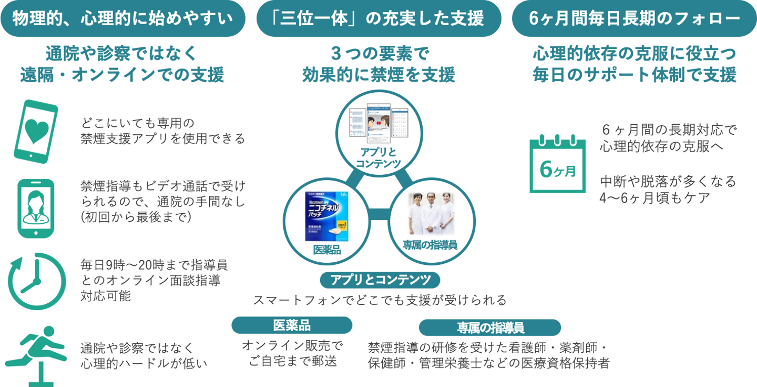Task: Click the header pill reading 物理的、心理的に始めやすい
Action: coord(122,18)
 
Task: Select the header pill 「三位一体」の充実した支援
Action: coord(378,18)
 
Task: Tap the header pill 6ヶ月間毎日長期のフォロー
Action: coord(634,18)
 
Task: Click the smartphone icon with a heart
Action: coord(36,132)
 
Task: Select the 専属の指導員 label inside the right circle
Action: coord(430,245)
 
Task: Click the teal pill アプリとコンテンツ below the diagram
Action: coord(380,280)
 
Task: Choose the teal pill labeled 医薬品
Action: coord(292,325)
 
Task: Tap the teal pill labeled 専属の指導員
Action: coord(489,328)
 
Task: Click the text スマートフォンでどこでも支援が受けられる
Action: coord(380,301)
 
